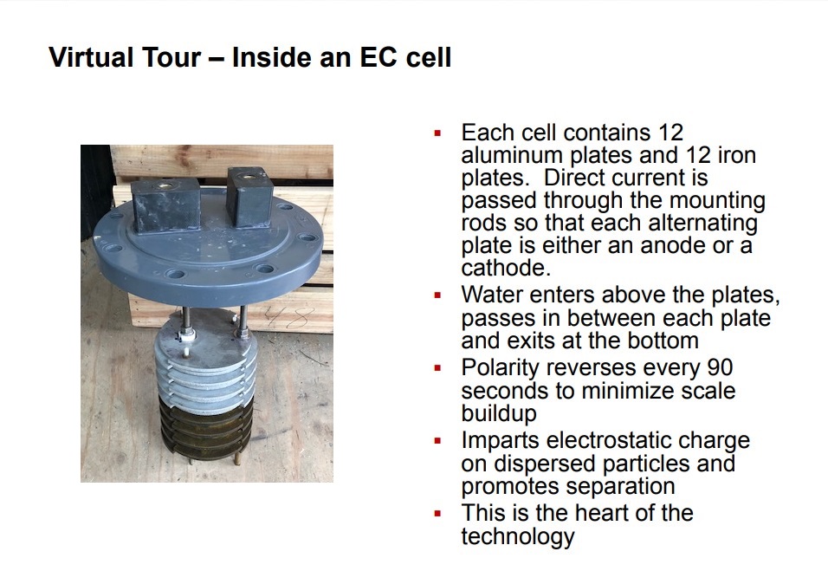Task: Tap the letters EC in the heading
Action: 378,57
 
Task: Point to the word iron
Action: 737,155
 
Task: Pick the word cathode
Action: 506,268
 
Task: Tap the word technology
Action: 518,536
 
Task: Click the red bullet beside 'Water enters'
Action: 437,295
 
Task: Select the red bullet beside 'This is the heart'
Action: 437,514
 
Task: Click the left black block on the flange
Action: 165,205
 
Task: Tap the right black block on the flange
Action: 249,197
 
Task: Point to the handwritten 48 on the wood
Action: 288,318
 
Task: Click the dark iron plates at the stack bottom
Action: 206,427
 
